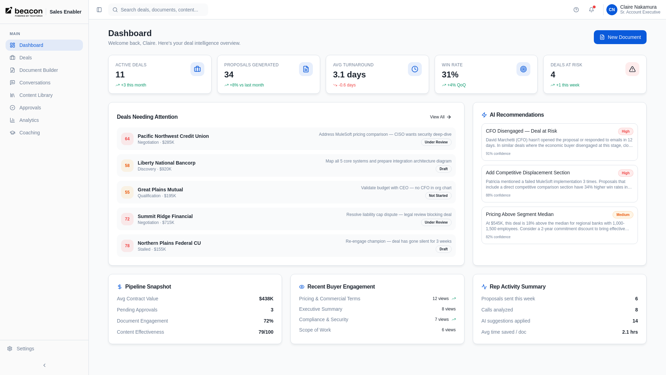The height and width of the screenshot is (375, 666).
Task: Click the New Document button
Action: pyautogui.click(x=620, y=37)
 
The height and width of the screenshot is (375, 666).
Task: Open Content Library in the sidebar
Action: pyautogui.click(x=36, y=95)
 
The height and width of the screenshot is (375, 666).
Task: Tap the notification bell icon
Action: pyautogui.click(x=591, y=10)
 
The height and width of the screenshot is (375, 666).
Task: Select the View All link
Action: pyautogui.click(x=440, y=117)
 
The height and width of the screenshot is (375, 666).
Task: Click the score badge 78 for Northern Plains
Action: pyautogui.click(x=127, y=246)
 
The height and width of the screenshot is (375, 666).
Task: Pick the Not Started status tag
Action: pyautogui.click(x=438, y=196)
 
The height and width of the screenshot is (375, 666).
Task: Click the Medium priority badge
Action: pyautogui.click(x=623, y=215)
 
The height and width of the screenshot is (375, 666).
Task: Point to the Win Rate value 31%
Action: pyautogui.click(x=450, y=75)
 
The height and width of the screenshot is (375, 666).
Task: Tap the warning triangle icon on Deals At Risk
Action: pyautogui.click(x=632, y=69)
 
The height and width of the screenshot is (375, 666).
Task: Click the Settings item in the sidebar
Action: pyautogui.click(x=25, y=349)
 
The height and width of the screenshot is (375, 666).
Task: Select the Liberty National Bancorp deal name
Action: pyautogui.click(x=166, y=163)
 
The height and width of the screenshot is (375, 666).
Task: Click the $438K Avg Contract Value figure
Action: pyautogui.click(x=266, y=299)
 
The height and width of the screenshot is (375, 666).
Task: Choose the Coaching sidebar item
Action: pyautogui.click(x=29, y=133)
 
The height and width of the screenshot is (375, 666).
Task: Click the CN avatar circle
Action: pyautogui.click(x=612, y=10)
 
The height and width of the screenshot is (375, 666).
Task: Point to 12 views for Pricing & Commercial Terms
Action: pyautogui.click(x=440, y=299)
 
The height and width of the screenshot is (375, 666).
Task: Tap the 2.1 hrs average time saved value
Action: pyautogui.click(x=630, y=332)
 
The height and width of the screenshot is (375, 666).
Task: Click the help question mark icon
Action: pyautogui.click(x=576, y=10)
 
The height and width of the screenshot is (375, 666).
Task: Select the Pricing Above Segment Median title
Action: pyautogui.click(x=519, y=214)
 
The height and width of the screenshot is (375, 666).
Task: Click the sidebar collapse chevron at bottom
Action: pyautogui.click(x=44, y=365)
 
